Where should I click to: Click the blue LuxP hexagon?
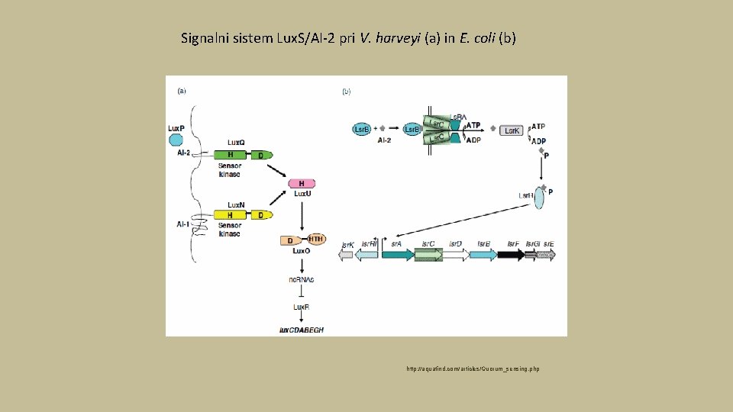(x=176, y=140)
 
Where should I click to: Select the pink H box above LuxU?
(x=302, y=184)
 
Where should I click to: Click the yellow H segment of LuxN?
(x=230, y=215)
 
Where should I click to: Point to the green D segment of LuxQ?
(x=261, y=154)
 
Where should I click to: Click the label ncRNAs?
(x=302, y=279)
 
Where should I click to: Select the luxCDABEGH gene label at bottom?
(x=302, y=329)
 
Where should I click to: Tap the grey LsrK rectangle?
(x=512, y=130)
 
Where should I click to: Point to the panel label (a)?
(x=182, y=91)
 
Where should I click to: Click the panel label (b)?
(x=346, y=91)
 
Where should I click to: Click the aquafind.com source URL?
(x=473, y=369)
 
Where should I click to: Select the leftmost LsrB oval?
(x=362, y=130)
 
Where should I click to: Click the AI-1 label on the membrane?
(x=183, y=224)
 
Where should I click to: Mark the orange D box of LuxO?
(x=289, y=240)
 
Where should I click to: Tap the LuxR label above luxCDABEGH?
(x=302, y=307)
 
